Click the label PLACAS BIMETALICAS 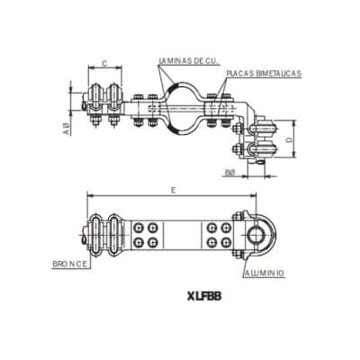(x=264, y=73)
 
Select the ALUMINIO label (x=264, y=271)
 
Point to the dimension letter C (x=105, y=63)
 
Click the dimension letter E (x=171, y=190)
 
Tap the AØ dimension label (x=67, y=129)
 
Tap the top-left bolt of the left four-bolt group (x=139, y=228)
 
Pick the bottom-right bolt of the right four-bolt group (x=223, y=243)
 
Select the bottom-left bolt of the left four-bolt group (x=139, y=243)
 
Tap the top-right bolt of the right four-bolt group (x=223, y=228)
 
